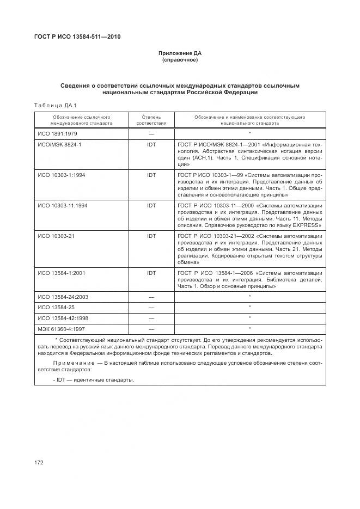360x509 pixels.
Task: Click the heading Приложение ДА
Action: coord(180,53)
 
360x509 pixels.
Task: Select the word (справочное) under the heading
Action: coord(180,60)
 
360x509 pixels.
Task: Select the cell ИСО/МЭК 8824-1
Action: coord(59,145)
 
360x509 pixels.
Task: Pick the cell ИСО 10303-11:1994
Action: coord(63,206)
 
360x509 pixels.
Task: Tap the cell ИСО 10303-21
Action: coord(56,236)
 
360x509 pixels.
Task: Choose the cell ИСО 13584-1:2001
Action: coord(61,272)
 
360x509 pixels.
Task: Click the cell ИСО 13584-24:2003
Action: coord(63,297)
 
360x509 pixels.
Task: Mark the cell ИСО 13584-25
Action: coord(56,307)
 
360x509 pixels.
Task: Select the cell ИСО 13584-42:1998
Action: coord(63,317)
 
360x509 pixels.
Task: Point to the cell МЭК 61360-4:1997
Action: coord(60,328)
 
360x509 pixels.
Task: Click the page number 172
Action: coord(39,462)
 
